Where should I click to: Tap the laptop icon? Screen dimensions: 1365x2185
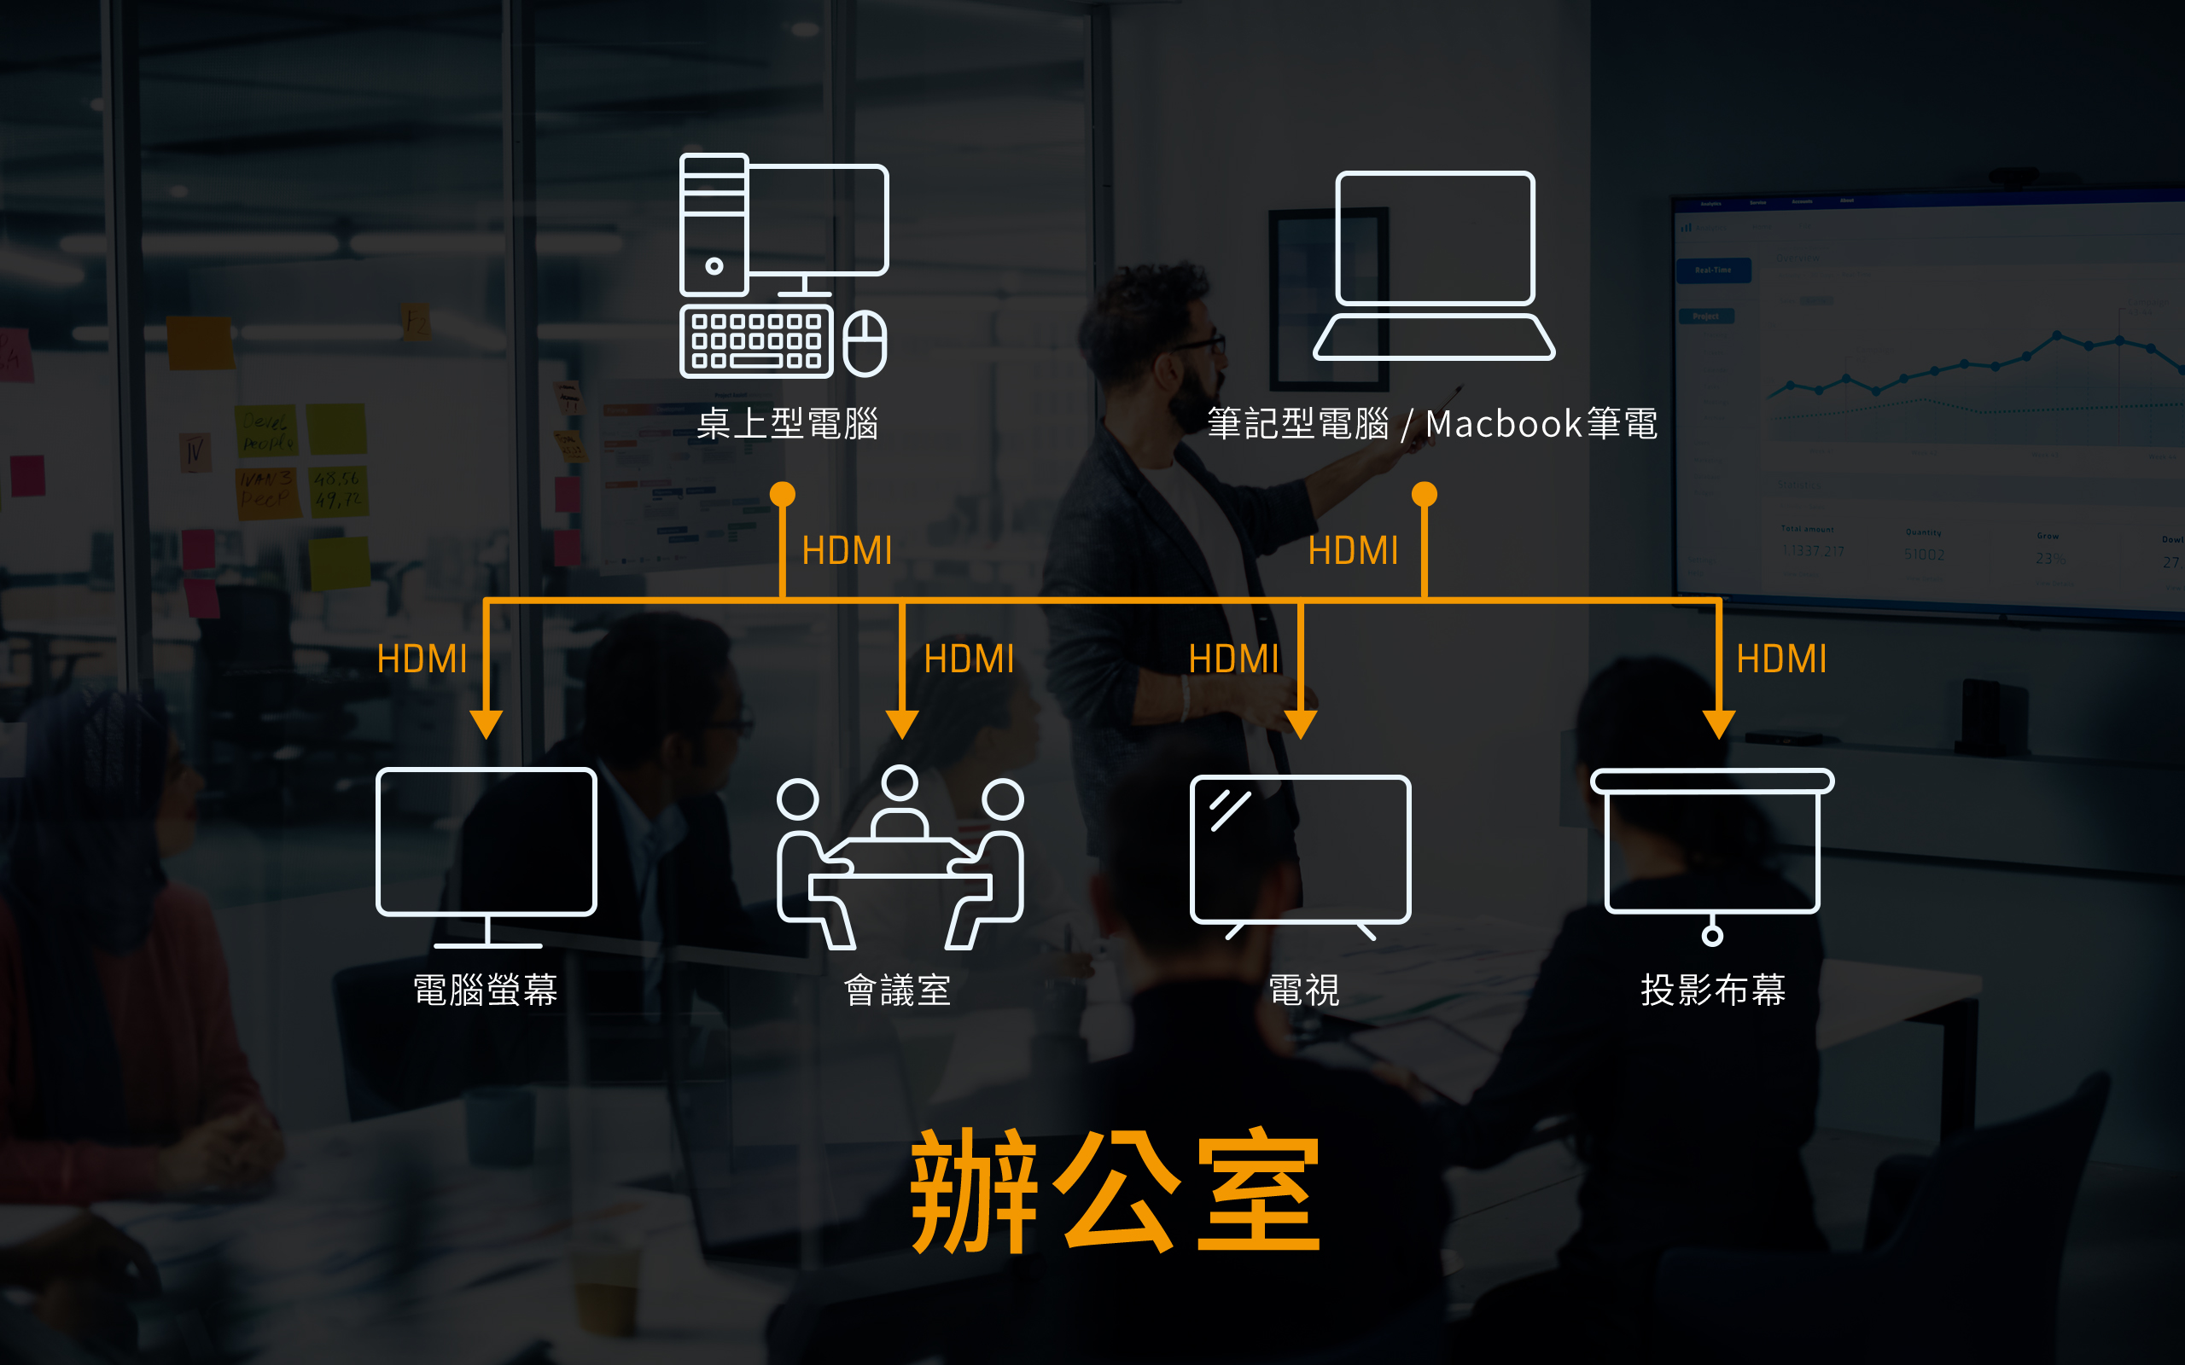click(x=1435, y=265)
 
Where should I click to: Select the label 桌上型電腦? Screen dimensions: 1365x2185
click(x=787, y=423)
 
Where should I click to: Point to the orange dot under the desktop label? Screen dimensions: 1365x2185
click(x=782, y=494)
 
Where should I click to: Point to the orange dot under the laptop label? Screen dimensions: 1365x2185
click(x=1424, y=494)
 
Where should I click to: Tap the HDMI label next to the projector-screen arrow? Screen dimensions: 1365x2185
click(x=1781, y=659)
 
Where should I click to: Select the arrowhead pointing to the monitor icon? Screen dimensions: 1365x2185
click(x=486, y=723)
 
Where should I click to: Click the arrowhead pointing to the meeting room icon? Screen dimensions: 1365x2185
click(x=902, y=723)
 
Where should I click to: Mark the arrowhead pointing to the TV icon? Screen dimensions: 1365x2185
click(x=1300, y=723)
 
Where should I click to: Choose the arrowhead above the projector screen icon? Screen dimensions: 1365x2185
click(x=1718, y=723)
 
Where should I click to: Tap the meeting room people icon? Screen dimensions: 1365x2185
click(x=900, y=857)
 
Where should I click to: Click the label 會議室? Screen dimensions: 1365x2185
click(x=898, y=990)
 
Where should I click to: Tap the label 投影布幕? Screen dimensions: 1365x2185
click(x=1713, y=990)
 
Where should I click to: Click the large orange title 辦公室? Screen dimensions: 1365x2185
click(x=1116, y=1191)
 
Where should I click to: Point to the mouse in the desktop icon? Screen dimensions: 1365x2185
click(x=865, y=343)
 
